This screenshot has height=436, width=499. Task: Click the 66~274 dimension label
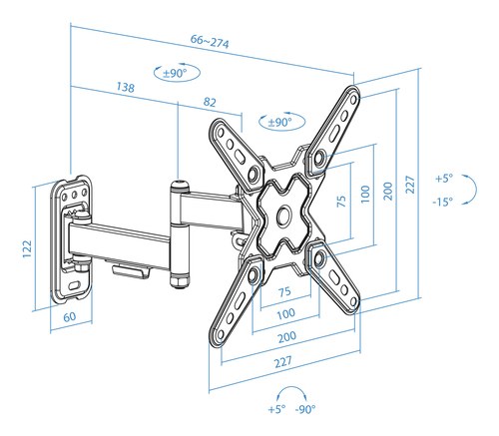click(x=210, y=42)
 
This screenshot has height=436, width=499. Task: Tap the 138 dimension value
click(x=126, y=87)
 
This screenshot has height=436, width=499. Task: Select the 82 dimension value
click(x=210, y=102)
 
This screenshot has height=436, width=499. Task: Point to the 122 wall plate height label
click(x=27, y=248)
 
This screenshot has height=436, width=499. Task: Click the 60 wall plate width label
click(x=70, y=317)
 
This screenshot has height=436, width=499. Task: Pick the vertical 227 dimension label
click(x=411, y=185)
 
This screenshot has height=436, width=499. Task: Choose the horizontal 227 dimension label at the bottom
click(x=283, y=362)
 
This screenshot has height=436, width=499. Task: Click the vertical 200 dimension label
click(x=388, y=191)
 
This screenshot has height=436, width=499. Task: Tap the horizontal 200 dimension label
click(x=286, y=337)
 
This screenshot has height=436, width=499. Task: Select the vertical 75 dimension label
click(x=341, y=202)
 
